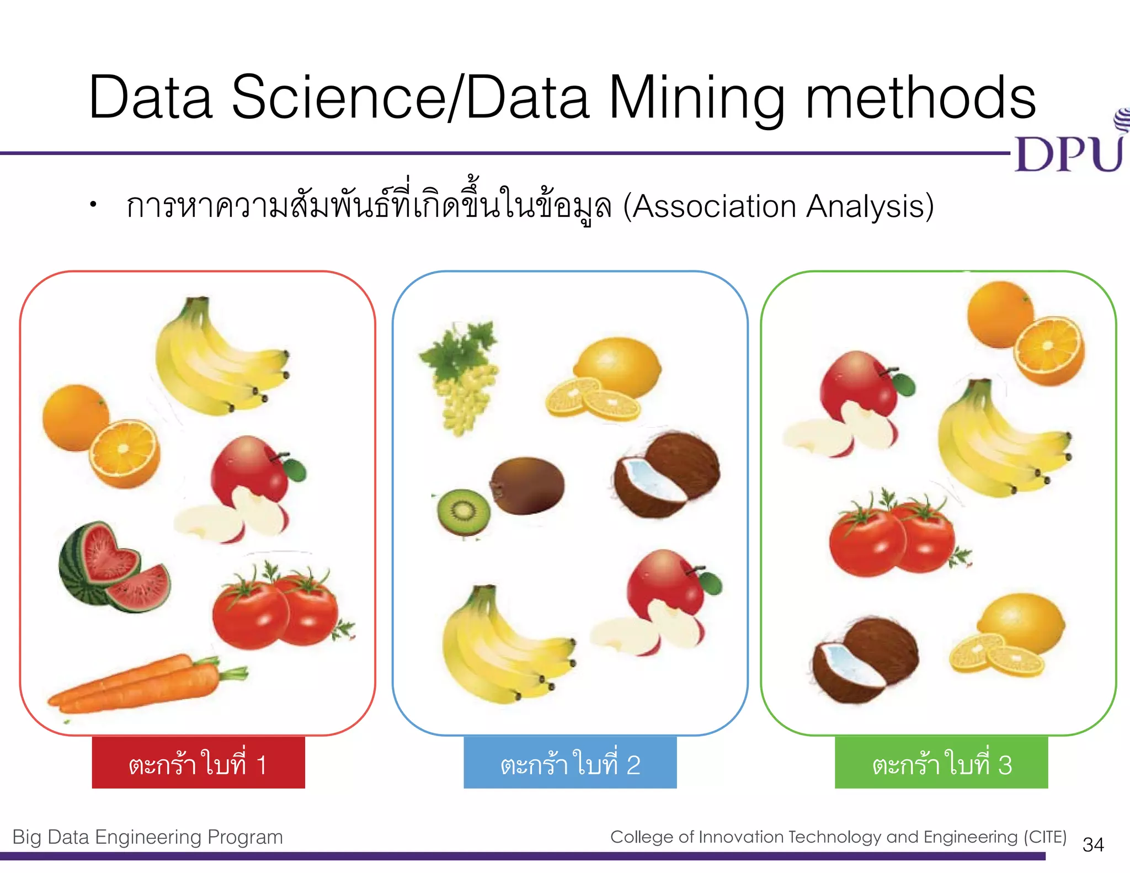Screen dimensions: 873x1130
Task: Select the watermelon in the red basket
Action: click(113, 568)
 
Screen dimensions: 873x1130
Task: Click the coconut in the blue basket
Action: click(668, 475)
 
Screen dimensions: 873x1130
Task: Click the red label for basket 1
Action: click(198, 764)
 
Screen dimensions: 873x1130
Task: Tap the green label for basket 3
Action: click(941, 764)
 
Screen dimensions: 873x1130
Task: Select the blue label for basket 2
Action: click(570, 764)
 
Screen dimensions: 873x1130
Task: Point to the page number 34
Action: click(1093, 845)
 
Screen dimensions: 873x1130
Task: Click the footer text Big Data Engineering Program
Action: click(147, 837)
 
